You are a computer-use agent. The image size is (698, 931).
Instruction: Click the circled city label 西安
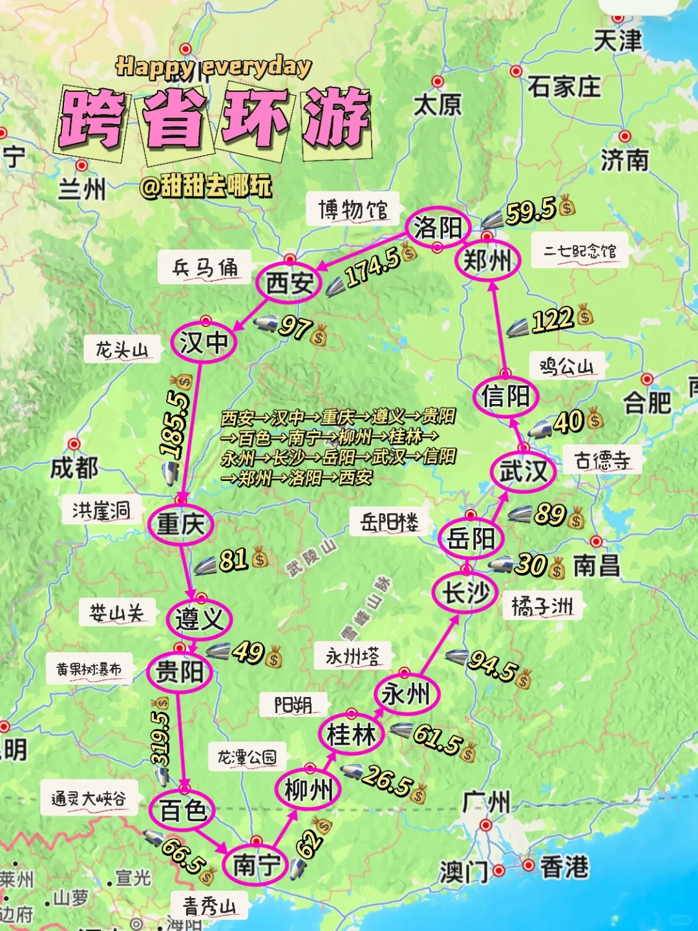(289, 283)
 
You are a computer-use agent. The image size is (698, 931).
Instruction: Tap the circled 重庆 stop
(180, 524)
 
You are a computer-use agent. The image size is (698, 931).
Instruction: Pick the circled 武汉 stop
(523, 471)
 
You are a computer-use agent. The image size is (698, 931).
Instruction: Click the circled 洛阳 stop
(438, 228)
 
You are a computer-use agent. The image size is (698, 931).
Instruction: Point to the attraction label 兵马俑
(204, 268)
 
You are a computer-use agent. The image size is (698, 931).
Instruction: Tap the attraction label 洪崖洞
(101, 511)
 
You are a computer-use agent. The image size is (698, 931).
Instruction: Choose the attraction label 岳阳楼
(389, 521)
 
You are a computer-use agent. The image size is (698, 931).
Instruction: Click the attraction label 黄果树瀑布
(89, 669)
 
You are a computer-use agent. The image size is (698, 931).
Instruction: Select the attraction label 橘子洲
(542, 606)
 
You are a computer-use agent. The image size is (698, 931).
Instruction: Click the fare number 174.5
(372, 267)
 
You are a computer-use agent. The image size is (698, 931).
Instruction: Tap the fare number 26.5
(386, 780)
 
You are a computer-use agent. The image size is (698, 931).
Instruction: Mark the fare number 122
(553, 319)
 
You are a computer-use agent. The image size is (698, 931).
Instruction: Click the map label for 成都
(74, 467)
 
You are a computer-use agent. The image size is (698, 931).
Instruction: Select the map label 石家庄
(564, 86)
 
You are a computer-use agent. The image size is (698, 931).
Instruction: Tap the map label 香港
(564, 867)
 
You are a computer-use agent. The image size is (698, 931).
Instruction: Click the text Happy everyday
(213, 67)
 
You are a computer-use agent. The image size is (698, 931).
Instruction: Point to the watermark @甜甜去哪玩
(206, 186)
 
